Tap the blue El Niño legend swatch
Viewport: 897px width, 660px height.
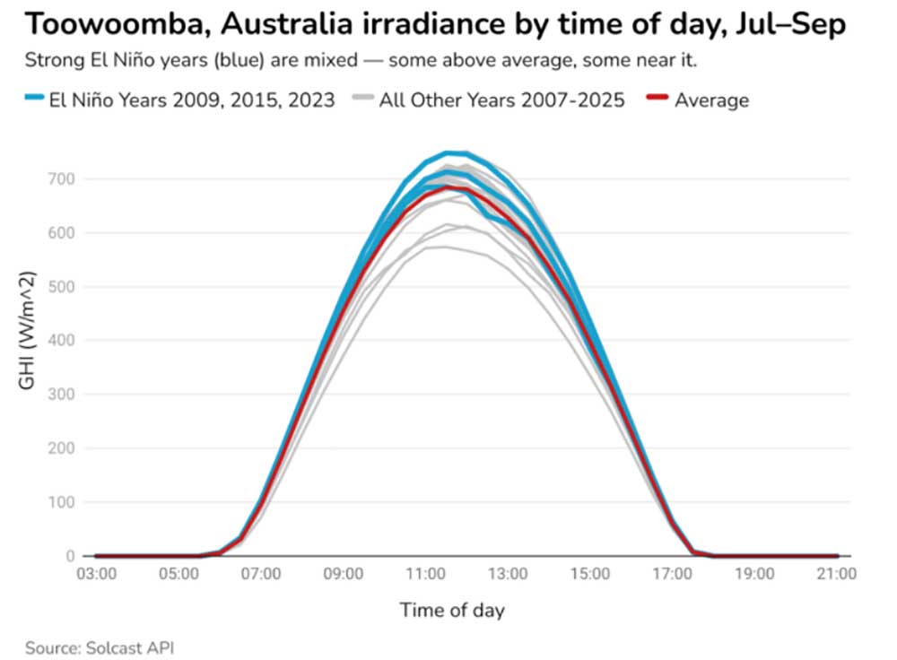(34, 98)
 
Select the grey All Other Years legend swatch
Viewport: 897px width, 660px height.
(363, 98)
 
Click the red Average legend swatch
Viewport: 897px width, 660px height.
(658, 98)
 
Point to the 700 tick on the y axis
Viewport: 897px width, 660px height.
(61, 179)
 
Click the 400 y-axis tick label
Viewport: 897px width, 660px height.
(61, 340)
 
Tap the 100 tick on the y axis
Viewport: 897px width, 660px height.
(61, 502)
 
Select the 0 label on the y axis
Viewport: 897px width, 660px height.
(70, 556)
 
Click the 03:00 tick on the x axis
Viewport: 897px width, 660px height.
(97, 574)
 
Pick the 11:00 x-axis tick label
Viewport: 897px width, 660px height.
(425, 574)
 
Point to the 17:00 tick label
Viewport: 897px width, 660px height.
(673, 574)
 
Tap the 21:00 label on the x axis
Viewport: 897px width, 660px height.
(837, 574)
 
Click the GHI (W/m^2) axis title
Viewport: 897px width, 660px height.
(27, 331)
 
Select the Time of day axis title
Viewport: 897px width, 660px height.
(452, 611)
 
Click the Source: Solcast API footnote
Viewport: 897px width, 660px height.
(100, 648)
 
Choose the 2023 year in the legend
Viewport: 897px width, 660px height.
(311, 100)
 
